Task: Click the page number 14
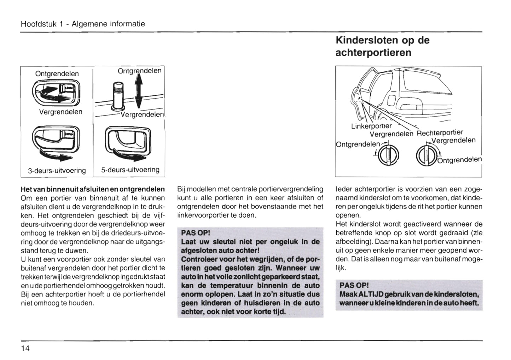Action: (25, 348)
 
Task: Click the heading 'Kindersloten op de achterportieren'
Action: (382, 46)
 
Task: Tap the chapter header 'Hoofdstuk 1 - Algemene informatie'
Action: (83, 24)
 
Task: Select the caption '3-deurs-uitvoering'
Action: (57, 171)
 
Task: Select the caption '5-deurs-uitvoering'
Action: (130, 170)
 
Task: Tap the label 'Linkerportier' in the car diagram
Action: (371, 126)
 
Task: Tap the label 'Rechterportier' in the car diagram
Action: (440, 133)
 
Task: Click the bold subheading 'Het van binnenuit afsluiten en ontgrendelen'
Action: (93, 189)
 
